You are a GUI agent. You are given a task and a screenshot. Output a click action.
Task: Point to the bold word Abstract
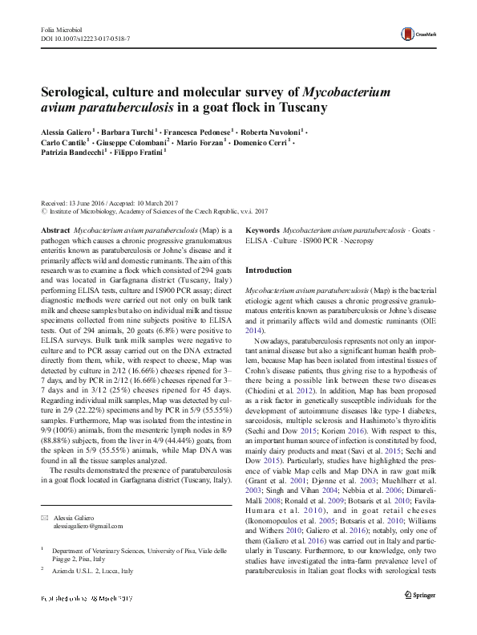pyautogui.click(x=55, y=230)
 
